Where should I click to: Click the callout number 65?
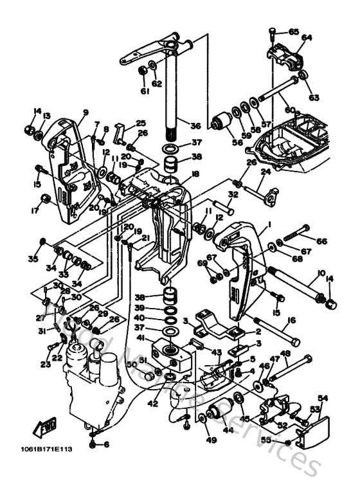click(294, 32)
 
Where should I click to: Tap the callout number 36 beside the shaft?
click(195, 126)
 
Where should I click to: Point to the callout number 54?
click(323, 399)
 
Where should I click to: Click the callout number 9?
click(84, 112)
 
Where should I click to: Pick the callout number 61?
click(145, 92)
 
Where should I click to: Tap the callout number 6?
click(106, 444)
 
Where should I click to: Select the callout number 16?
click(291, 320)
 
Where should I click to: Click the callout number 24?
click(265, 172)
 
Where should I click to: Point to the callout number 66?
click(321, 241)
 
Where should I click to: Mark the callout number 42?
click(151, 404)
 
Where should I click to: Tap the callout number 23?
click(44, 365)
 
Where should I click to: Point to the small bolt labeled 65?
click(275, 31)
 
